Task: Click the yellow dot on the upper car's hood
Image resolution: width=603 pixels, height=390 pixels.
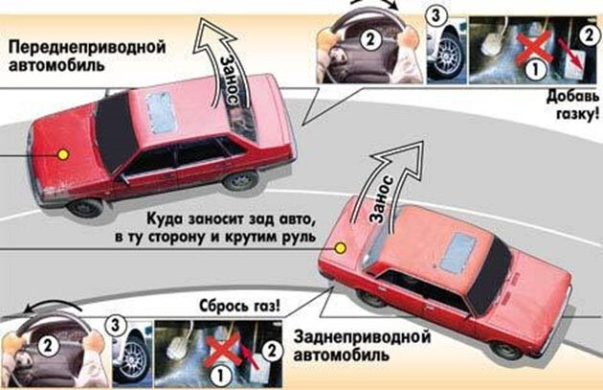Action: pos(63,154)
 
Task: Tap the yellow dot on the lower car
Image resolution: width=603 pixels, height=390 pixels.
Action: pos(340,248)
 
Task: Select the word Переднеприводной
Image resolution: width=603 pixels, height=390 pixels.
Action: pos(87,47)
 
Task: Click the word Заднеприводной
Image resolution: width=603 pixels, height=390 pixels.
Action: pos(362,337)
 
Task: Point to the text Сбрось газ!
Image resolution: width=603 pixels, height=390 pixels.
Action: pos(240,306)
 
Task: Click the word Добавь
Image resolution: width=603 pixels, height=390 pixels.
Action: pos(572,96)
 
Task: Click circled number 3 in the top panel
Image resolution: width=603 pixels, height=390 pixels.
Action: pos(435,15)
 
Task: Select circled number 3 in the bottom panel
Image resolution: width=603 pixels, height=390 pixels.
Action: pos(116,326)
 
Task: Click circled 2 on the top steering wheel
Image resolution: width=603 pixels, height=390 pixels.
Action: pos(369,39)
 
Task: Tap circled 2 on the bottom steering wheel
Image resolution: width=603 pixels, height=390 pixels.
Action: pos(48,345)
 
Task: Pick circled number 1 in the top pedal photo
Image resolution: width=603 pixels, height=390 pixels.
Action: pos(534,70)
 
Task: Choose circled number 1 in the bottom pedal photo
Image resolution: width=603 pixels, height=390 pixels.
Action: pos(220,375)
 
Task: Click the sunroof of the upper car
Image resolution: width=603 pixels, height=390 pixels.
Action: pos(161,111)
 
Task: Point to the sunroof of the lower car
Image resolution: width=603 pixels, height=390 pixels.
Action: pos(458,252)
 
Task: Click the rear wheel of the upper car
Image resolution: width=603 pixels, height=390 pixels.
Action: pos(241,180)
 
